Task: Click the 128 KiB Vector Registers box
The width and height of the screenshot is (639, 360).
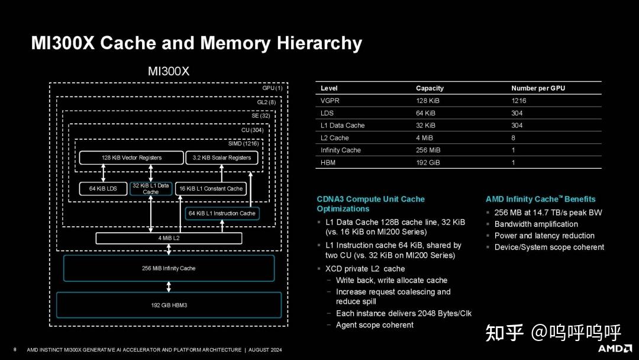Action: coord(131,158)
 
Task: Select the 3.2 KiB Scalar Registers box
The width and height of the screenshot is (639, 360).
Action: coord(222,158)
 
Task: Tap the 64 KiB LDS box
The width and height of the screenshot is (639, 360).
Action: coord(103,189)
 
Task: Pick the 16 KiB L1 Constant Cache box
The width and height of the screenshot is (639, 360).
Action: coord(211,189)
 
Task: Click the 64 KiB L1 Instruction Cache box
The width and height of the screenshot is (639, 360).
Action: coord(222,213)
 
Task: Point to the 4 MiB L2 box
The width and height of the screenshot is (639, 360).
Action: coord(169,238)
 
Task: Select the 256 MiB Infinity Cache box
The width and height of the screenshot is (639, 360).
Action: coord(169,268)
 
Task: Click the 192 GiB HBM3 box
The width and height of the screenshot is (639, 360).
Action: coord(169,306)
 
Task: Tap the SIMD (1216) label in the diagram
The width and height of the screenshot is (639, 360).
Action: coord(243,143)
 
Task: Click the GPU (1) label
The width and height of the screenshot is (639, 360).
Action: coord(272,88)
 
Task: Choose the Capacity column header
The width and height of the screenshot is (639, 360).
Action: coord(430,88)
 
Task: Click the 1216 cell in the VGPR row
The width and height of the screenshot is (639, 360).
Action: coord(519,101)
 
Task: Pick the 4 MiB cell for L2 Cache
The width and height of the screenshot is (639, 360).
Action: coord(425,138)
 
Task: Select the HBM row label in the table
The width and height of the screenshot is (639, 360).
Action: coord(328,163)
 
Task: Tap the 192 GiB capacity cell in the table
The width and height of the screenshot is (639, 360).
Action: coord(428,163)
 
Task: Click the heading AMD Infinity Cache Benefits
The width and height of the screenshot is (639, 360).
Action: coord(540,200)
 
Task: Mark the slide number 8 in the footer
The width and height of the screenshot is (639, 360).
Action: coord(15,349)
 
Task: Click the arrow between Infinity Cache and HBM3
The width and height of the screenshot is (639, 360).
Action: coord(169,287)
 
